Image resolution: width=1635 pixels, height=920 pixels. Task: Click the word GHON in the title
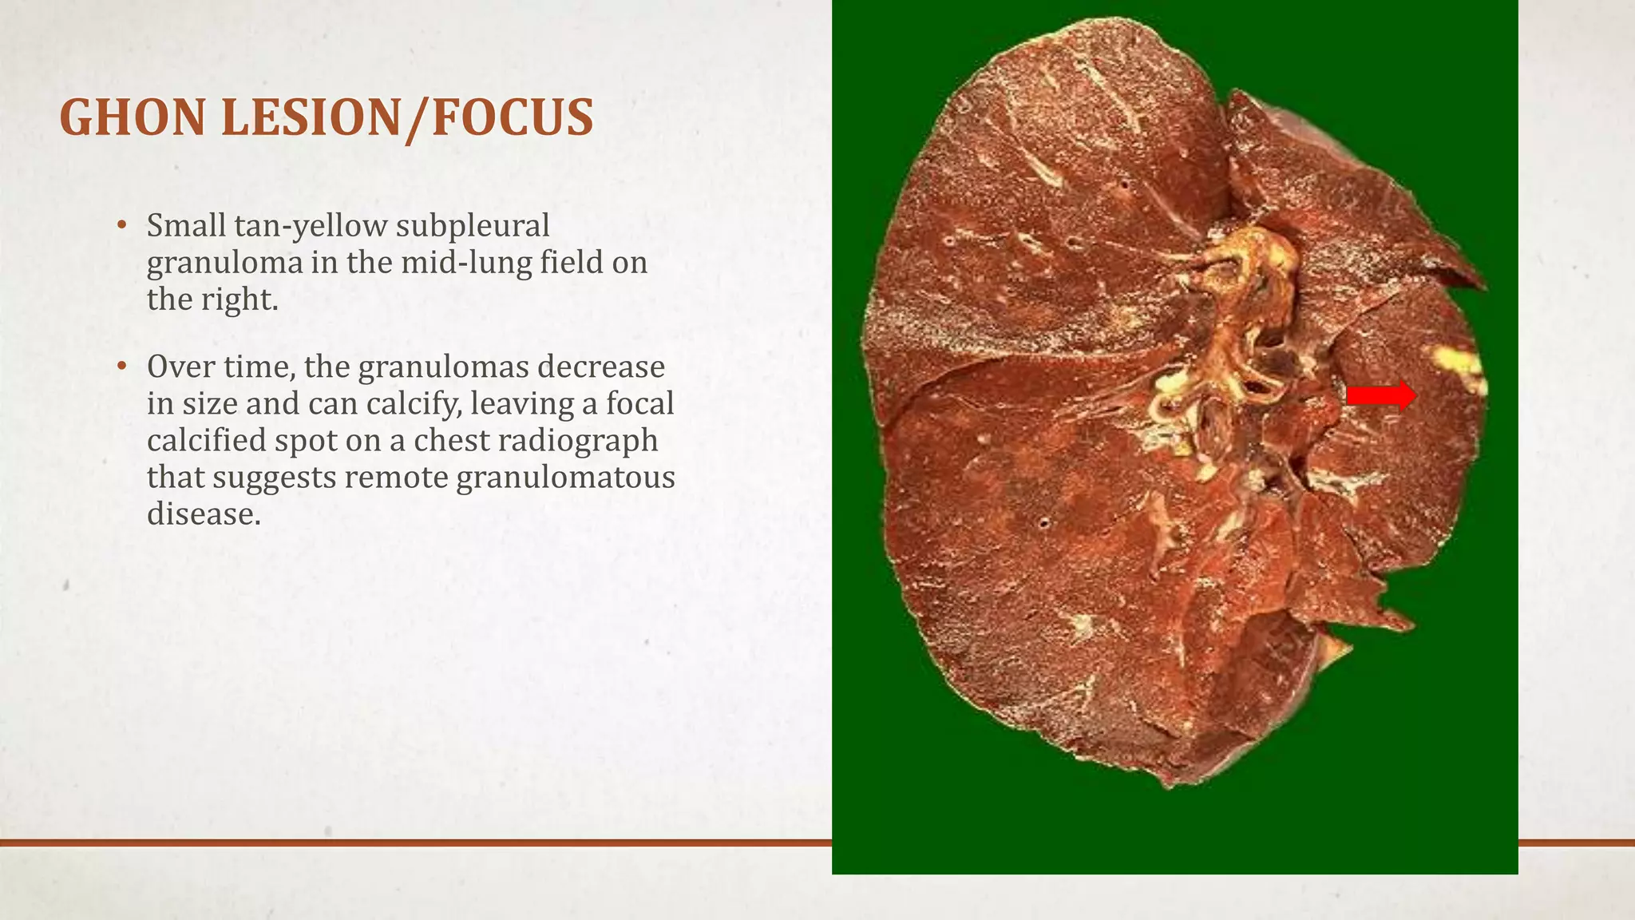133,118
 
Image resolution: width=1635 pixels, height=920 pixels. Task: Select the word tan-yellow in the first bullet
311,226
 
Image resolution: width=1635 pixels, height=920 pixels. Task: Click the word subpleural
473,226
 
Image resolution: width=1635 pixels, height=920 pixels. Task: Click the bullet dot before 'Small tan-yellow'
121,225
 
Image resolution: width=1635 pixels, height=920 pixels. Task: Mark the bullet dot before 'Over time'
121,367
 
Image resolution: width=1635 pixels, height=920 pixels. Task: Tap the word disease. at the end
204,514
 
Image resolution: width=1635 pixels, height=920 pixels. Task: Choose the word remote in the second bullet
396,477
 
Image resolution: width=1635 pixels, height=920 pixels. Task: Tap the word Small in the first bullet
186,226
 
